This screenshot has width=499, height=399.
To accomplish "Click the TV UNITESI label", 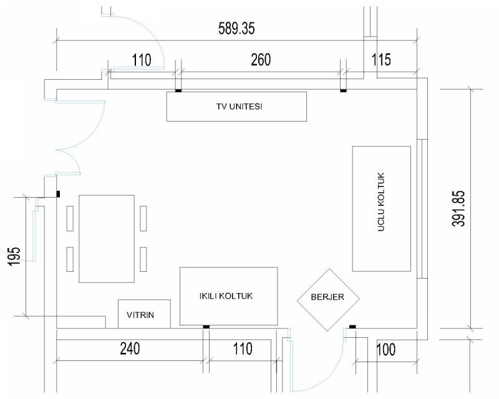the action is pyautogui.click(x=240, y=106).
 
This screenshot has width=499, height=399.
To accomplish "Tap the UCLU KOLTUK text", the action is pyautogui.click(x=381, y=202).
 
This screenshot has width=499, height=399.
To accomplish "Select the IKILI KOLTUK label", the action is pyautogui.click(x=226, y=296).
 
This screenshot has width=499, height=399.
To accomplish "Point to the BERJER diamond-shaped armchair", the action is pyautogui.click(x=328, y=299).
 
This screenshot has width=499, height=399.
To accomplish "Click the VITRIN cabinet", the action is pyautogui.click(x=144, y=314).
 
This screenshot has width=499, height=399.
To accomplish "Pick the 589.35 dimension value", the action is pyautogui.click(x=236, y=28).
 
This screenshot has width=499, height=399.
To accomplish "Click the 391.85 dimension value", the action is pyautogui.click(x=458, y=208).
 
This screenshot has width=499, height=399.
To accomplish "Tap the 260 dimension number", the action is pyautogui.click(x=261, y=60).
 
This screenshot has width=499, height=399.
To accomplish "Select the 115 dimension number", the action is pyautogui.click(x=381, y=60).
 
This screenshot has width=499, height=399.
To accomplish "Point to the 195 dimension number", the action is pyautogui.click(x=14, y=256).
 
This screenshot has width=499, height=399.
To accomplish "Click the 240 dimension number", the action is pyautogui.click(x=130, y=349).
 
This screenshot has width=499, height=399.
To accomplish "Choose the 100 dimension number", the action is pyautogui.click(x=385, y=350).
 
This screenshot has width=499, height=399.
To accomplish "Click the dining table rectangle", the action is pyautogui.click(x=107, y=239).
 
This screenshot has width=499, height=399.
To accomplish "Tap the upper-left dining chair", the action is pyautogui.click(x=70, y=218).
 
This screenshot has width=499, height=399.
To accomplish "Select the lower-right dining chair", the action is pyautogui.click(x=143, y=259).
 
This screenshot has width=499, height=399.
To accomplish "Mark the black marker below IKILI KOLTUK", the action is pyautogui.click(x=206, y=327).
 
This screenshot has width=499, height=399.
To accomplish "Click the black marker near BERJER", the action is pyautogui.click(x=352, y=327).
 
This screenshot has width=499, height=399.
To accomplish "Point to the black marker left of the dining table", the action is pyautogui.click(x=58, y=194).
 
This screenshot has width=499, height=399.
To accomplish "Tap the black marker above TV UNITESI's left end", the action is pyautogui.click(x=178, y=91).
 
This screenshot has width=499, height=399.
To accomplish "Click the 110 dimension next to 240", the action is pyautogui.click(x=243, y=349).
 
